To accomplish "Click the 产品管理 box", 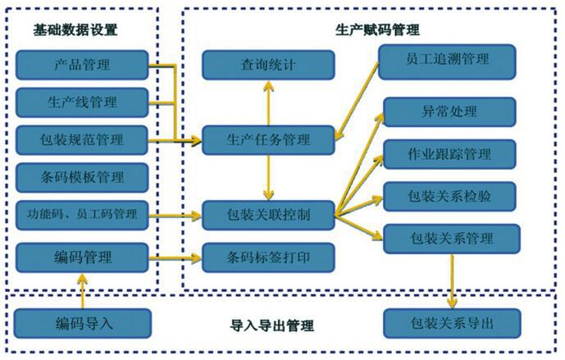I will point(82,64).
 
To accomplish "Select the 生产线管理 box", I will point(82,103).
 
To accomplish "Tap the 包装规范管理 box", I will point(82,139).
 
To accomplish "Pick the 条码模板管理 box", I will point(82,176).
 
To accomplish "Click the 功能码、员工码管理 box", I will point(82,216).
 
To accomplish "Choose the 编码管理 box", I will point(82,257).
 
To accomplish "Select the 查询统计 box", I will point(269,65).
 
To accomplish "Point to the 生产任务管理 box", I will point(269,139).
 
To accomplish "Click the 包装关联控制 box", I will point(269,215).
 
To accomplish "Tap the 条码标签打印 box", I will point(269,257).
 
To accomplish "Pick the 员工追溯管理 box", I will point(447,58).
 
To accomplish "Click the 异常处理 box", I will point(449,112).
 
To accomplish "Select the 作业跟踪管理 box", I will point(449,153).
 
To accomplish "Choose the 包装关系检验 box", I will point(449,196).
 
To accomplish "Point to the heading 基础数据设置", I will point(75,30).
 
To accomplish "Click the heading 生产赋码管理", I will point(378,30).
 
